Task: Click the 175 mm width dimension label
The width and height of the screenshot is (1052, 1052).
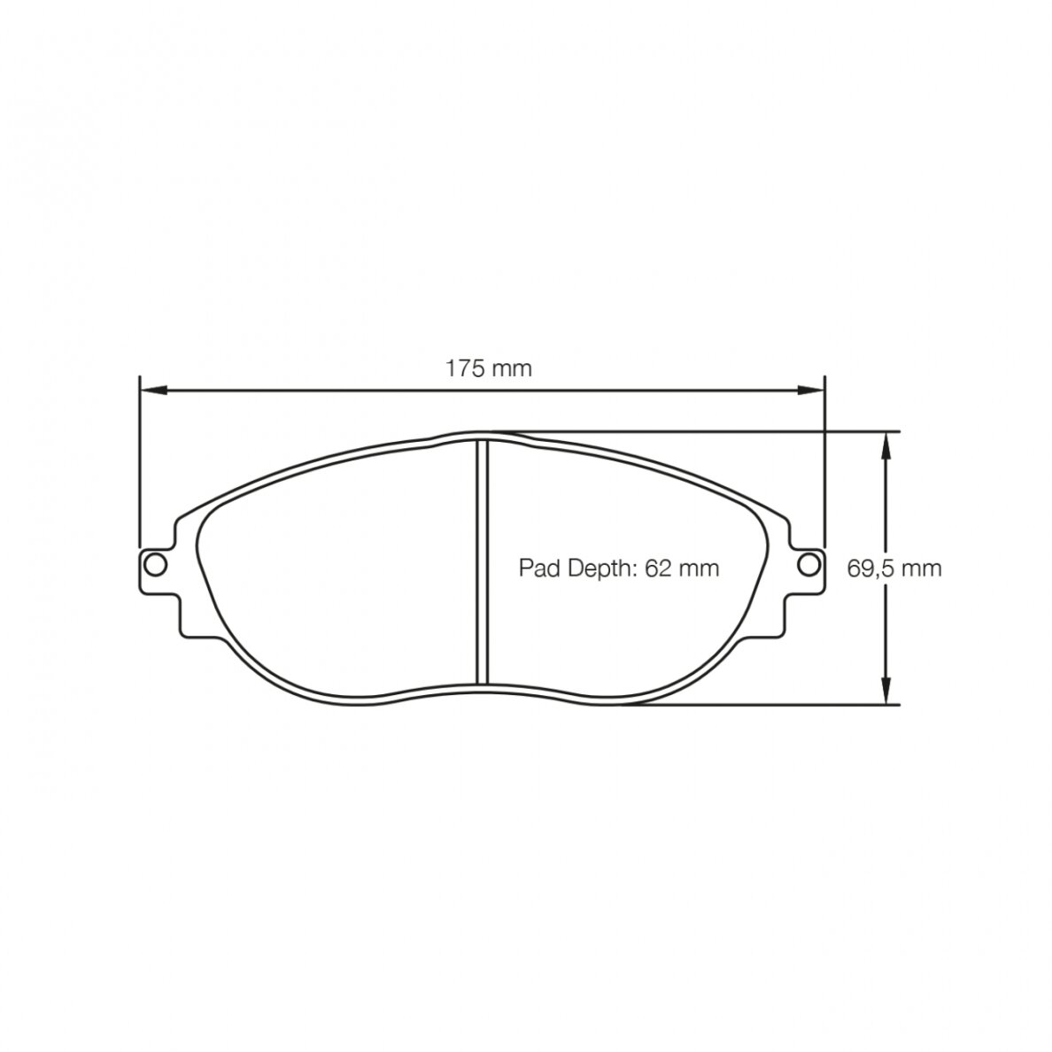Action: pos(489,368)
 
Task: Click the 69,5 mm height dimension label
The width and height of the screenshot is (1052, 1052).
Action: pos(894,569)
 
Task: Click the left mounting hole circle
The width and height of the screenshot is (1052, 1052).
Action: pos(156,564)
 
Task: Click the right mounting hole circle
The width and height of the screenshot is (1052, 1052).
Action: pos(808,564)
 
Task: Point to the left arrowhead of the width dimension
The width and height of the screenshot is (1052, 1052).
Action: pos(153,390)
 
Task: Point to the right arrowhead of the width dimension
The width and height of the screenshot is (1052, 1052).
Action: pos(810,390)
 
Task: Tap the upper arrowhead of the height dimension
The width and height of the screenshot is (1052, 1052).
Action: pos(886,445)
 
